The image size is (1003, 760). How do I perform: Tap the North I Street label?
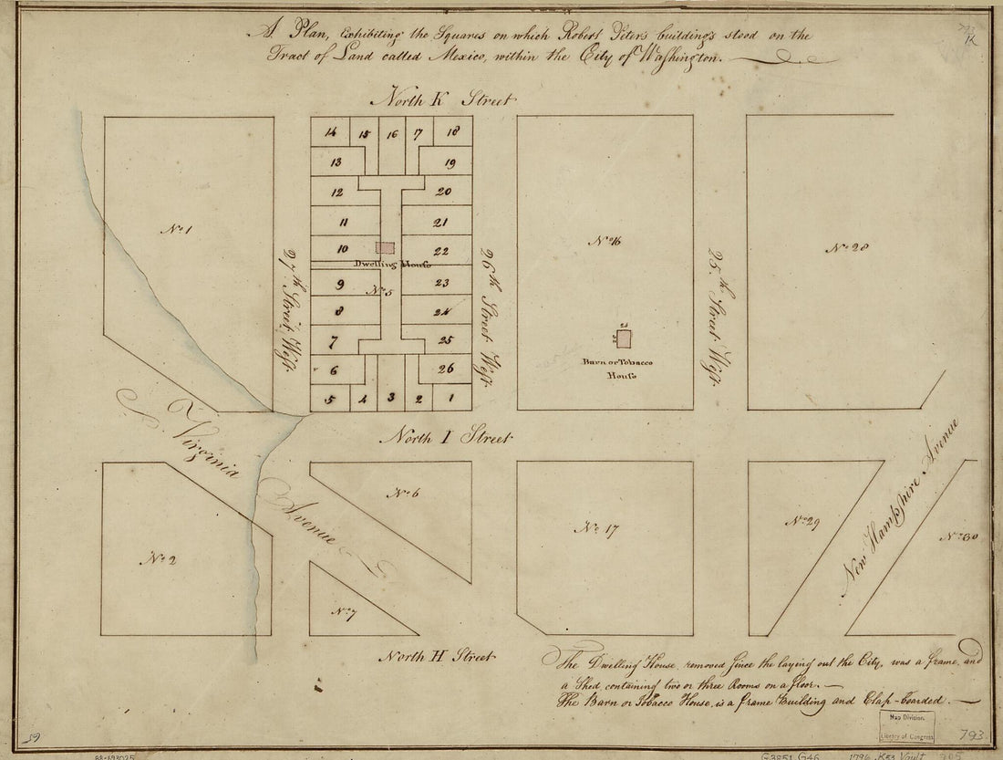pos(448,438)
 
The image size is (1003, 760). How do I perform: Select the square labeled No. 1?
pos(174,229)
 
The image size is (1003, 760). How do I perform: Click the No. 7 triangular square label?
pos(343,612)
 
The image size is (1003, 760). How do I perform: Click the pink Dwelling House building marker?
pos(387,247)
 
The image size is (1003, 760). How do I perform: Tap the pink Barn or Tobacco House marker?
pos(625,338)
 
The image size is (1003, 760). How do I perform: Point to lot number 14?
pos(330,133)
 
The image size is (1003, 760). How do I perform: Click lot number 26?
pos(445,369)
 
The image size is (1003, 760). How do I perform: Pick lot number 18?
pos(452,132)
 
